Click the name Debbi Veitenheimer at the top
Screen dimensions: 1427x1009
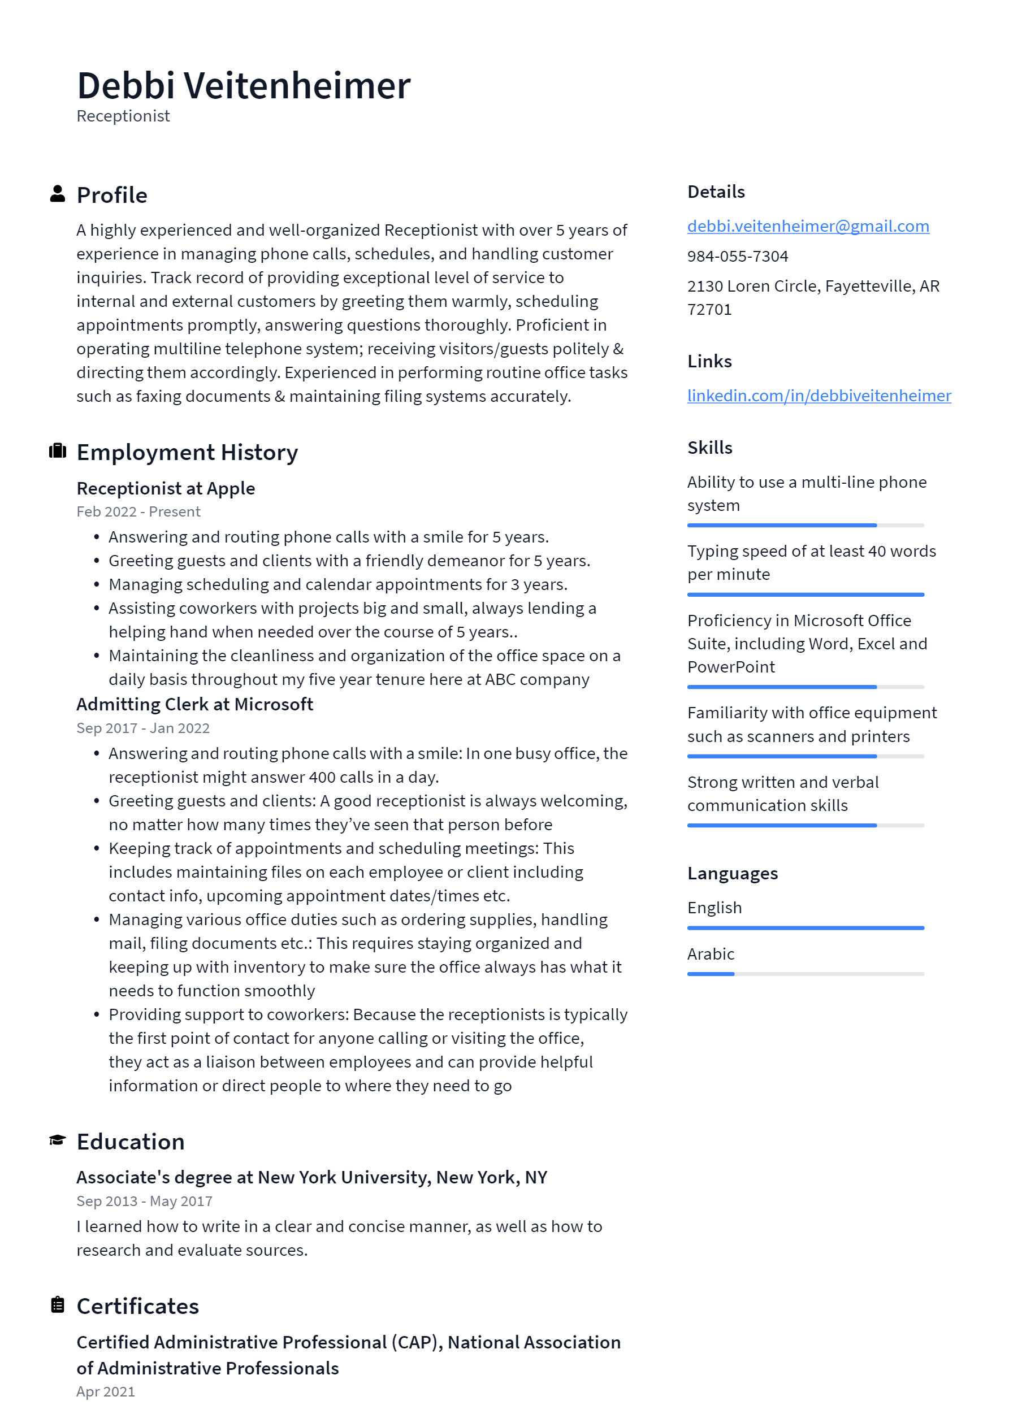[x=243, y=85]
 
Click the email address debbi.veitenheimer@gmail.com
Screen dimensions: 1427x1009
[x=808, y=226]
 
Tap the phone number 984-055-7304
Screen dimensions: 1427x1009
[x=737, y=256]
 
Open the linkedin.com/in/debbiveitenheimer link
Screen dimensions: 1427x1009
[x=819, y=396]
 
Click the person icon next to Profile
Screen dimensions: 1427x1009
[x=57, y=194]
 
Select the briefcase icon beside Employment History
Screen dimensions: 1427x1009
[x=57, y=451]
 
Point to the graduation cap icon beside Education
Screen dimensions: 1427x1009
[x=57, y=1140]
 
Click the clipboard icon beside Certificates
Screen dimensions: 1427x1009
[x=57, y=1304]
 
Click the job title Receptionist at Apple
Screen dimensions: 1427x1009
[x=166, y=488]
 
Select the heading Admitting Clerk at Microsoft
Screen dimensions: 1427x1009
[x=194, y=704]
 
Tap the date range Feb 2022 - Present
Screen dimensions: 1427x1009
[x=138, y=511]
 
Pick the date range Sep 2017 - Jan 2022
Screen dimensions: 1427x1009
[x=143, y=728]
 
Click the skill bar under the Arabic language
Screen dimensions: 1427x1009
[x=805, y=974]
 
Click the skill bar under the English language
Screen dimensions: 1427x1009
[x=805, y=928]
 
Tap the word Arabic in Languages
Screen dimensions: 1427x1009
[x=711, y=954]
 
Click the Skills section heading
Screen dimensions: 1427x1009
[x=709, y=448]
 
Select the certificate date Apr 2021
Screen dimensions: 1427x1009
[x=106, y=1391]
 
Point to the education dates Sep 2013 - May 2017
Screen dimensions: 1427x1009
[x=144, y=1201]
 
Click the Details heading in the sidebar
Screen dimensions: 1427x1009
[x=716, y=192]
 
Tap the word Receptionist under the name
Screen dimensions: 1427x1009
[x=123, y=116]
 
